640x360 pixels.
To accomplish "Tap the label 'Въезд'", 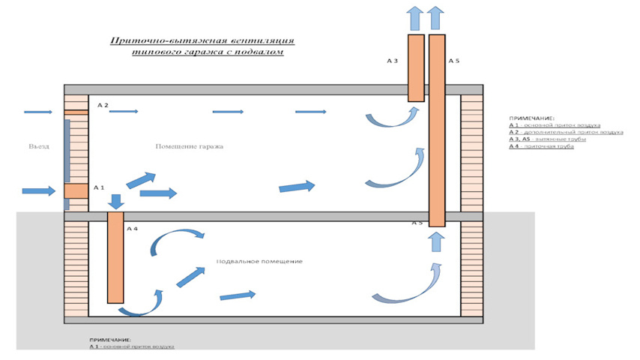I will point(39,146).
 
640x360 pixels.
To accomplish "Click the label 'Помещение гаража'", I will point(189,146).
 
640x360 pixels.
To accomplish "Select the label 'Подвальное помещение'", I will point(259,261).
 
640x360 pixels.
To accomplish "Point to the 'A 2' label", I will point(103,105).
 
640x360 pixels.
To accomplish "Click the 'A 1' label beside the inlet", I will point(99,186).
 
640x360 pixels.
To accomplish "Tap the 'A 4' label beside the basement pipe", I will point(133,228).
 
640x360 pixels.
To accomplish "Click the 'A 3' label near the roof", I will point(392,60).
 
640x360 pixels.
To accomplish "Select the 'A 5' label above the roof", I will point(453,60).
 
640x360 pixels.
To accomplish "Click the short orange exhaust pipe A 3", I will point(416,67).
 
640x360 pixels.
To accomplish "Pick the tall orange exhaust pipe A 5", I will point(437,127).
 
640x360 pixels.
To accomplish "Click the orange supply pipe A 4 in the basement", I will point(115,256).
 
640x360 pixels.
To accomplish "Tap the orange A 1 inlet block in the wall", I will point(76,190).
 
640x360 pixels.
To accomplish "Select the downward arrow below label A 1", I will point(116,201).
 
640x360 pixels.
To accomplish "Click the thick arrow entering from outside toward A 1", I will point(39,190).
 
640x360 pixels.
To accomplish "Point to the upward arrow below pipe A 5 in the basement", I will point(436,242).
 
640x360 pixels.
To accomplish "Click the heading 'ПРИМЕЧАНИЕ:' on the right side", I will point(531,118).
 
